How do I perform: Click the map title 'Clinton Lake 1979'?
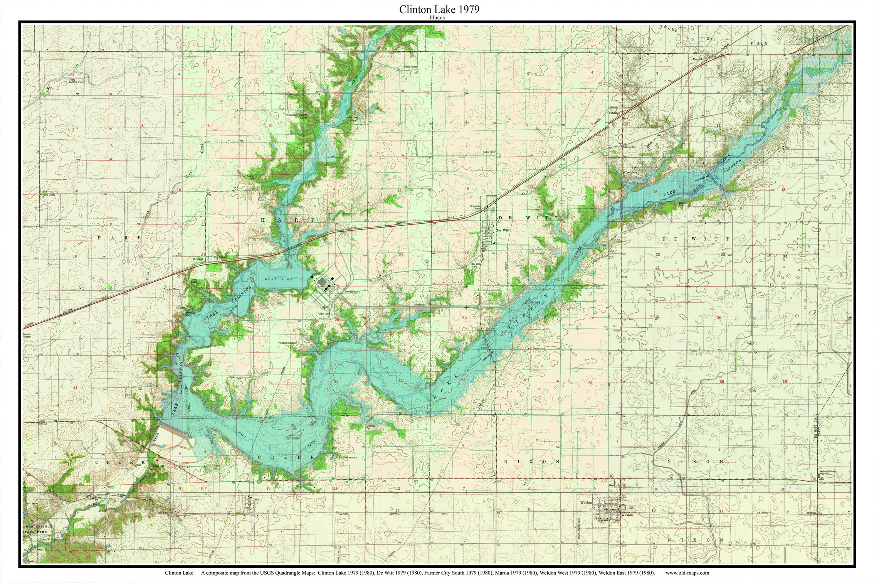(439, 9)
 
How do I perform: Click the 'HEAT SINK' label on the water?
(273, 279)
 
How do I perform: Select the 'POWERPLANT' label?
(352, 292)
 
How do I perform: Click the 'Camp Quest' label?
(194, 281)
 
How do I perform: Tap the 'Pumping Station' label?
(287, 343)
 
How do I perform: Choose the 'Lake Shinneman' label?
(346, 457)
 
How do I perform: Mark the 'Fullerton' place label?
(614, 113)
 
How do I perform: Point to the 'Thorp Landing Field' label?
(76, 81)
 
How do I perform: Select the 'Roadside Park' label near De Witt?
(475, 207)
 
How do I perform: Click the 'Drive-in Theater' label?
(27, 335)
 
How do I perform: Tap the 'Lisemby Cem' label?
(370, 427)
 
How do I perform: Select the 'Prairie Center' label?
(49, 195)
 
